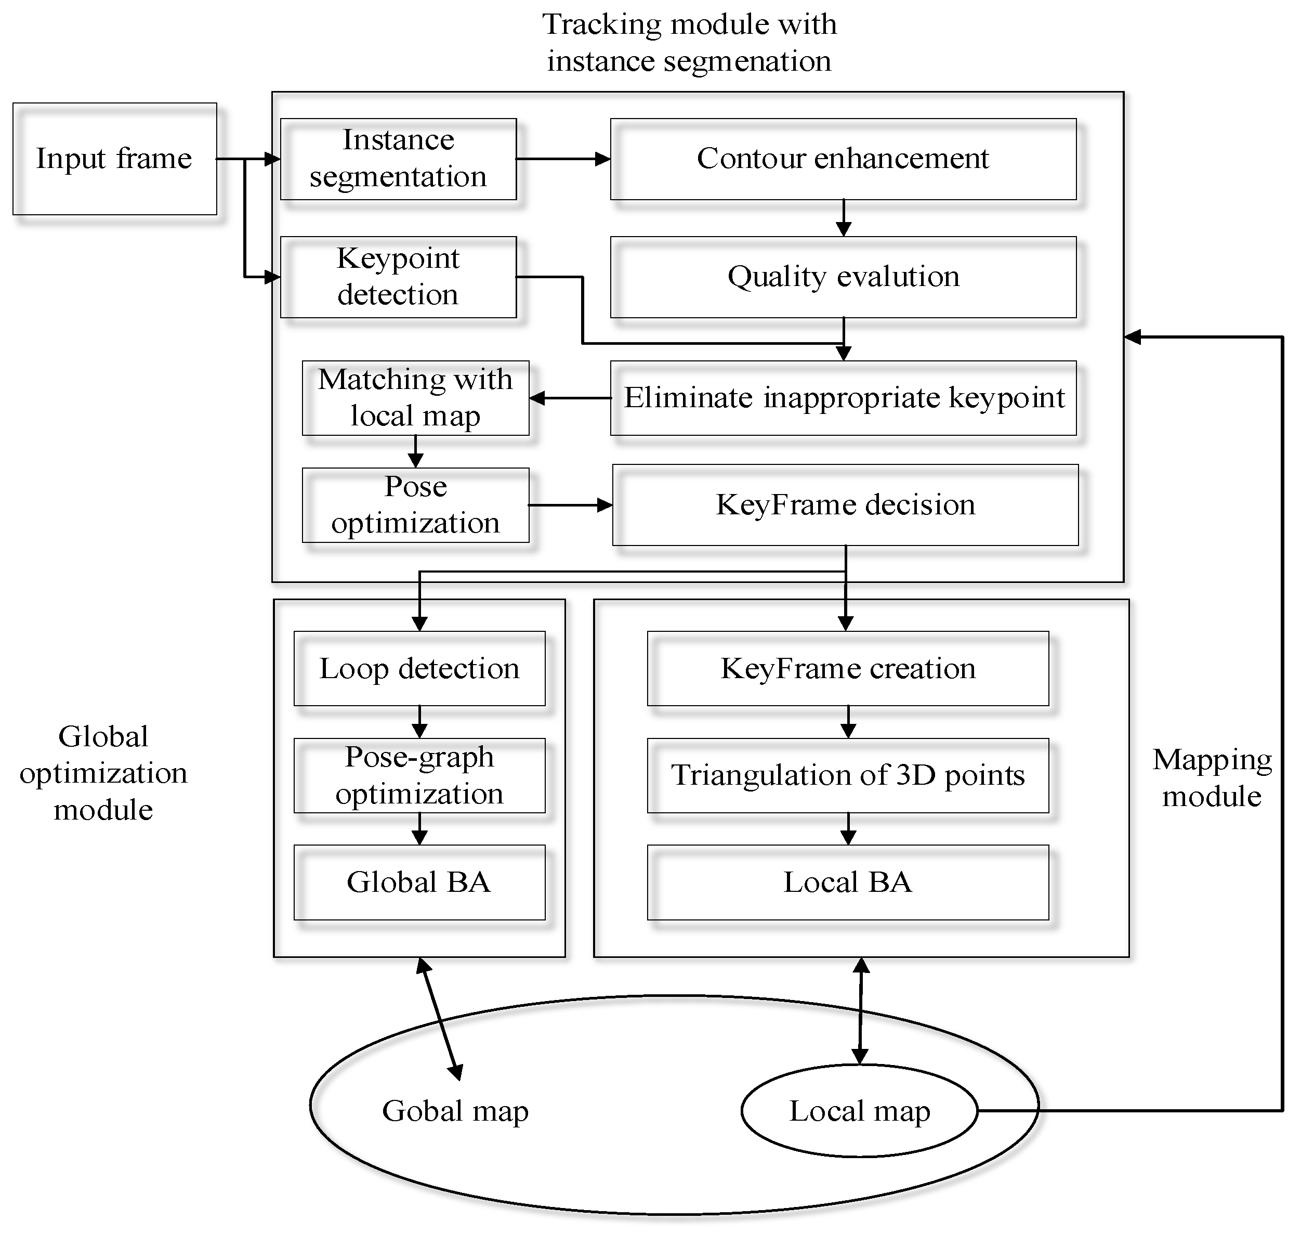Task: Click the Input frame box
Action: (115, 159)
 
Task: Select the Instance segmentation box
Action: (398, 159)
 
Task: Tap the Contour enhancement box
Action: (844, 159)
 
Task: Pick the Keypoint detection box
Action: (398, 277)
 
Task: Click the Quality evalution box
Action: (844, 277)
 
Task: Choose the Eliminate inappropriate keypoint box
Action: (844, 398)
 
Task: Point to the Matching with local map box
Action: (415, 398)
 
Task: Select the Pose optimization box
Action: (415, 505)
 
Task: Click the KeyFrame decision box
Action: (846, 505)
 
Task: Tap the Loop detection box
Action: (419, 668)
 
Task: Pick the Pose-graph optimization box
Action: (419, 775)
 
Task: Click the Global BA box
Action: (419, 882)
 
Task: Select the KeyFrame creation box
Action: (848, 668)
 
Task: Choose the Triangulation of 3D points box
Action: (848, 775)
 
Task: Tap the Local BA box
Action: (848, 882)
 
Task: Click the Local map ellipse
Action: (859, 1111)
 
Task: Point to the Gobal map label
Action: (455, 1111)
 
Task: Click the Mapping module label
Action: (1212, 777)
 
